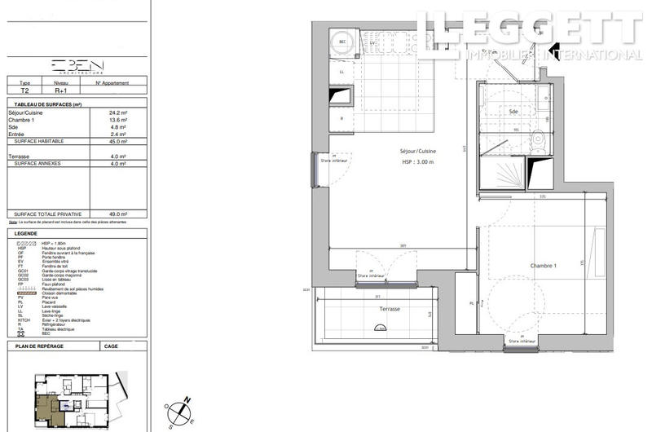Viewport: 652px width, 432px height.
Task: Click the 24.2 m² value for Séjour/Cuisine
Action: click(118, 112)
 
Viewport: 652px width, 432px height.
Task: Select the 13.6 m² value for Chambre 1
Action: click(118, 119)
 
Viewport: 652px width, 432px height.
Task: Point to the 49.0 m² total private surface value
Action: click(118, 214)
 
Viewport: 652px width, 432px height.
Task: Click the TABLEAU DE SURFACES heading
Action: click(44, 104)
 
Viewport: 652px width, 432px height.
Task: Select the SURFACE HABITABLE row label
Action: click(36, 141)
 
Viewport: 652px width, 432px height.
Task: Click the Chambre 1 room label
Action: click(543, 267)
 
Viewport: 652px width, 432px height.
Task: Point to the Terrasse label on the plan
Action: click(389, 310)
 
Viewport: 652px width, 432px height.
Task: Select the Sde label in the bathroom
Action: click(513, 111)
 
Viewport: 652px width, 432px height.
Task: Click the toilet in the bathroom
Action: click(539, 138)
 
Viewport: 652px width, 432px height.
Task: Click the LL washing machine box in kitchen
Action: click(341, 71)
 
